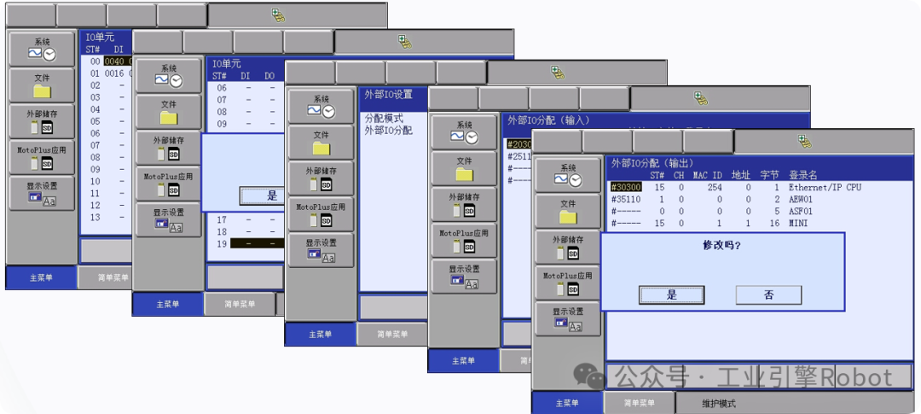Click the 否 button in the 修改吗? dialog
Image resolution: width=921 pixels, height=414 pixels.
(x=768, y=294)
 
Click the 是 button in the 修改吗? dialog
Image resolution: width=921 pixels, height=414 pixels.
(x=672, y=294)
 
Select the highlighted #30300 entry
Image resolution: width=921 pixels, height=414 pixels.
(x=626, y=187)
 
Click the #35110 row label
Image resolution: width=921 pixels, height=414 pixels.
(x=626, y=199)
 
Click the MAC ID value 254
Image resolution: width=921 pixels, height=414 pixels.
(x=715, y=187)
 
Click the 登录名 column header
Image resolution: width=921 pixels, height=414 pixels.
(x=803, y=175)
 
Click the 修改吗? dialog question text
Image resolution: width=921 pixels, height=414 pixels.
(x=721, y=246)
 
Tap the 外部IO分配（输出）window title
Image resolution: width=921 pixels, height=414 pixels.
(x=652, y=162)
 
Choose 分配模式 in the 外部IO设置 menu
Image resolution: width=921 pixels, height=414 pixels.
(x=384, y=119)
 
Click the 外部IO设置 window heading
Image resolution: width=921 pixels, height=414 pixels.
(x=388, y=94)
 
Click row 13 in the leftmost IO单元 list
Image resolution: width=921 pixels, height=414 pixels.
(x=96, y=217)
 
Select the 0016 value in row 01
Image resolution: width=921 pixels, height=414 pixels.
(x=114, y=73)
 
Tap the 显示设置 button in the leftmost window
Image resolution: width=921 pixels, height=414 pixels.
(x=43, y=194)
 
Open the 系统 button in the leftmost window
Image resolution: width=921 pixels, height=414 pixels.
(x=43, y=48)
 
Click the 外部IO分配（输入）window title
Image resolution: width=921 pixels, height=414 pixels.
(x=548, y=120)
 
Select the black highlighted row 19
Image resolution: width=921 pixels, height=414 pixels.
(x=247, y=243)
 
